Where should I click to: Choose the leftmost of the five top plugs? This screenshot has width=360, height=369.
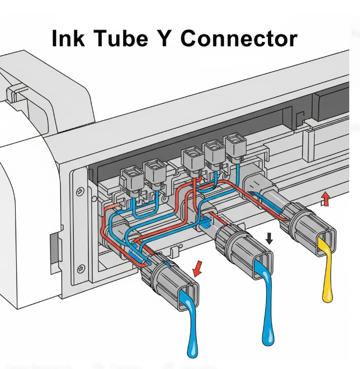point(131,177)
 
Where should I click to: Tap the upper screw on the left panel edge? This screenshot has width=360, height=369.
point(80,190)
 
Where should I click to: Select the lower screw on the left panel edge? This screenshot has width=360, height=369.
point(80,269)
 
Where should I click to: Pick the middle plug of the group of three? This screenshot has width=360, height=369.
point(214,152)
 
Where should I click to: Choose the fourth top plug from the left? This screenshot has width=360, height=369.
point(214,152)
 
